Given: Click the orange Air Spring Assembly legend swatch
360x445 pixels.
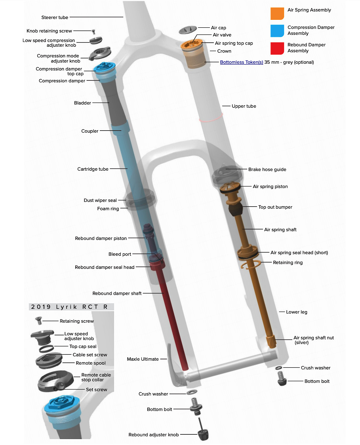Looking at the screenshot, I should (x=277, y=13).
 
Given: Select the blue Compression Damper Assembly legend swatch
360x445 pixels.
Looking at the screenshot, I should (x=277, y=30).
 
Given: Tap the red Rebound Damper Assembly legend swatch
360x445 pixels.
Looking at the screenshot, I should (x=277, y=48).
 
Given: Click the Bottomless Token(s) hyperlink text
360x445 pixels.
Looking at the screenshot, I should (x=241, y=62).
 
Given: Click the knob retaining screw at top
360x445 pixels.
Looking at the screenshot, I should (x=93, y=31).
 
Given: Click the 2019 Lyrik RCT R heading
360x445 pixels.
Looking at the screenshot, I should (x=71, y=307).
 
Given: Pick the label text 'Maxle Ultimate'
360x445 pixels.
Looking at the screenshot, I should (x=143, y=359).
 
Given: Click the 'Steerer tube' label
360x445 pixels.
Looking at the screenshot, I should (x=55, y=17).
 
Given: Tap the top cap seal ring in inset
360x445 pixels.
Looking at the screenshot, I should (x=47, y=348).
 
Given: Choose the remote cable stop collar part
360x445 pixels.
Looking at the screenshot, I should (x=54, y=380).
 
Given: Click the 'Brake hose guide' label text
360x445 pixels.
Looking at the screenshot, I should (x=267, y=169).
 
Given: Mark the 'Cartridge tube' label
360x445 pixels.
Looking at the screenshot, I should (x=93, y=169).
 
